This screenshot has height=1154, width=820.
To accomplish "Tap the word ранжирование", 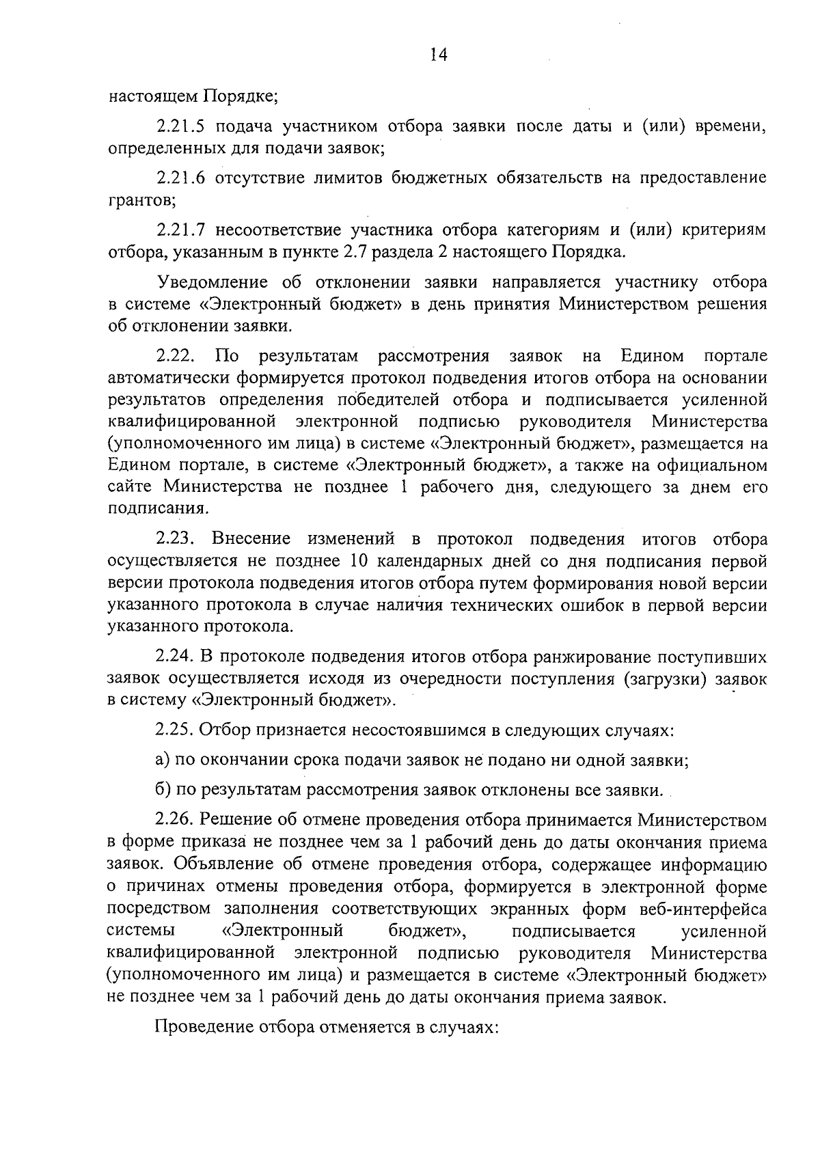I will click(588, 657).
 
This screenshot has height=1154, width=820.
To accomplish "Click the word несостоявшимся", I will click(418, 730).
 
